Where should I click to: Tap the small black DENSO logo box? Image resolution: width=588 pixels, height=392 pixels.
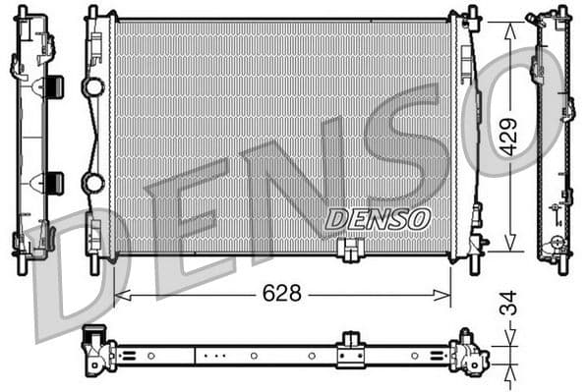click(377, 218)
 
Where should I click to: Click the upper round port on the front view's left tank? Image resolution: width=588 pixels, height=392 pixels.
click(93, 87)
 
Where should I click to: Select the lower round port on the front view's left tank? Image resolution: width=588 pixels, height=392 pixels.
click(93, 183)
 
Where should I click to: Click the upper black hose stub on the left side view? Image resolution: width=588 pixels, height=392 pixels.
click(55, 86)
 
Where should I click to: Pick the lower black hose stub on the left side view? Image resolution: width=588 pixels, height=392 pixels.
click(55, 183)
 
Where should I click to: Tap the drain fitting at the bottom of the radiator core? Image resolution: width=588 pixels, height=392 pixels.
click(348, 252)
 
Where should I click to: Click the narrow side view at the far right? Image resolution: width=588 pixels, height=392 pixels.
click(553, 138)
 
